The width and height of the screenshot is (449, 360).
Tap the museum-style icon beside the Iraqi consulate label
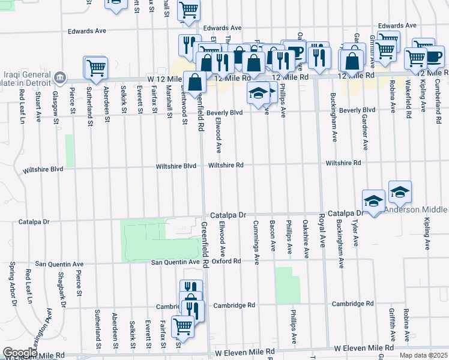tap(59, 77)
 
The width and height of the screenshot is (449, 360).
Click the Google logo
tap(20, 353)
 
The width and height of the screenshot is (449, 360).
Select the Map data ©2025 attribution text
tap(423, 355)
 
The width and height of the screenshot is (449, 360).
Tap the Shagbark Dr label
tap(62, 283)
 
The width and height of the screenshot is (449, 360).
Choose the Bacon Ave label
tap(273, 239)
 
